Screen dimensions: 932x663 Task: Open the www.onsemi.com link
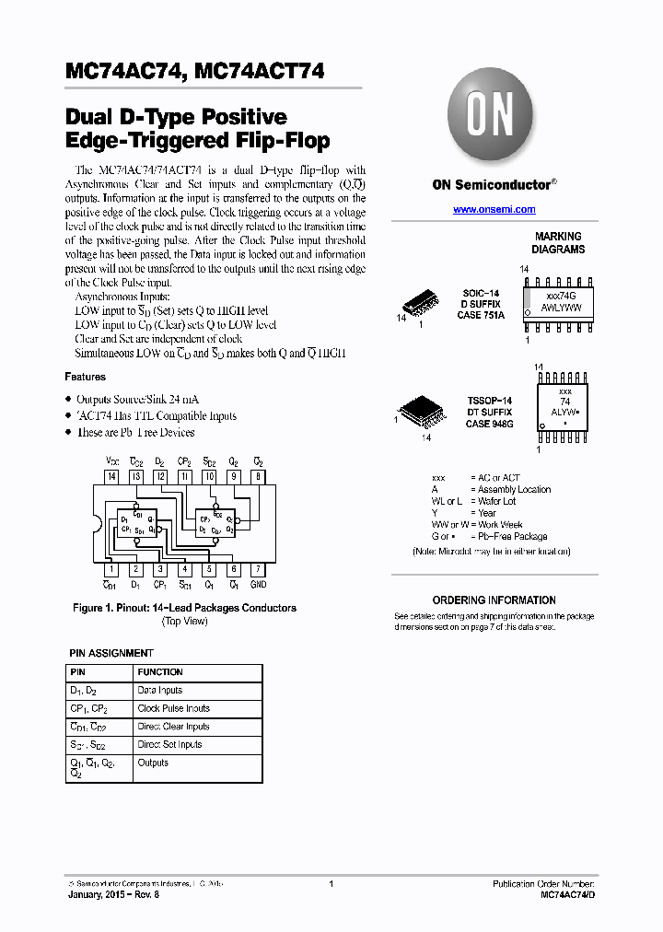tap(494, 210)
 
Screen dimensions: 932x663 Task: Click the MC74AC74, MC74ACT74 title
tap(194, 73)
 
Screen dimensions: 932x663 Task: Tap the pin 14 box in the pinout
tap(111, 476)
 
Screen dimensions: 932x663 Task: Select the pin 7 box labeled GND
tap(259, 569)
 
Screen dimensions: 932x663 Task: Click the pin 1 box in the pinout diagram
tap(111, 569)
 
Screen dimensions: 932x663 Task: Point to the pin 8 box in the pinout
tap(259, 476)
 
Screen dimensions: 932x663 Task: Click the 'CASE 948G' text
tap(489, 425)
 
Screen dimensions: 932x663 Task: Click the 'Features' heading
tap(85, 377)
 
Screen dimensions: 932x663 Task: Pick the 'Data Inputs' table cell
tap(160, 690)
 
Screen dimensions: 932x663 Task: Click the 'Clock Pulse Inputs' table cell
tap(174, 708)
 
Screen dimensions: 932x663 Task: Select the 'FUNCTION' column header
tap(160, 672)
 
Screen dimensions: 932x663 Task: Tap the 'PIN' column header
tap(77, 672)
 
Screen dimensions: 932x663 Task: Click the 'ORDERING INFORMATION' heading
tap(494, 600)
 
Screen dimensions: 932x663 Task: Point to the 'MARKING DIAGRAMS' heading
tap(558, 243)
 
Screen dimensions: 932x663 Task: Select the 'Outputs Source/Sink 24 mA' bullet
tap(137, 399)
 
